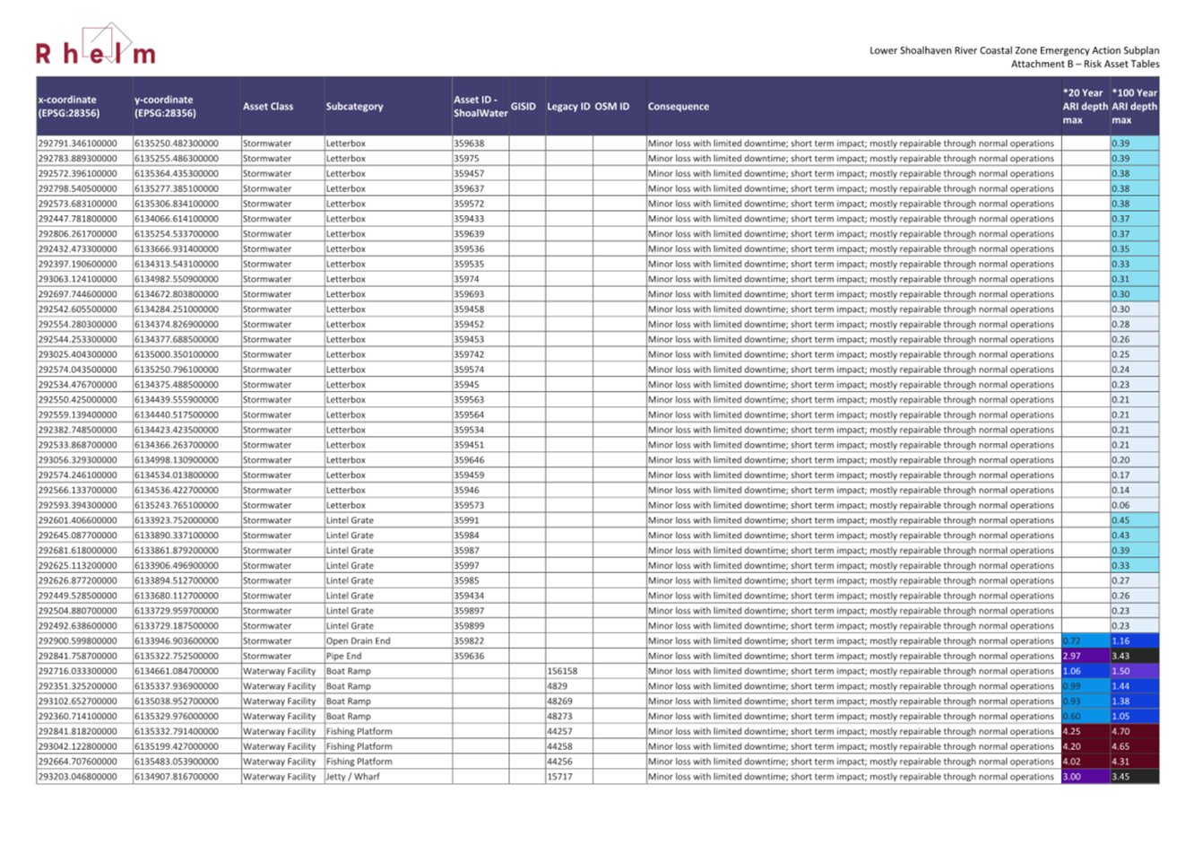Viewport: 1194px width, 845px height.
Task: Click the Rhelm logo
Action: pos(95,49)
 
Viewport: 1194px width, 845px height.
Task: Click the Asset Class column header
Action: pos(268,107)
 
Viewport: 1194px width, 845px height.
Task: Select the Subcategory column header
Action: pos(354,107)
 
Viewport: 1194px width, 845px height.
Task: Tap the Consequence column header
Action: pos(679,107)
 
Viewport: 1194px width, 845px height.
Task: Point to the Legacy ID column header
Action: pos(568,107)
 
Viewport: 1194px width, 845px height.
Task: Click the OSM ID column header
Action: pos(612,107)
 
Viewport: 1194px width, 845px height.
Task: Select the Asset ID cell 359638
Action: pos(469,144)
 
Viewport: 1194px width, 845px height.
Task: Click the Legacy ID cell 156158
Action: pos(562,671)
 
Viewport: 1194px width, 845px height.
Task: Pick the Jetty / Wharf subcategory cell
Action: pos(352,777)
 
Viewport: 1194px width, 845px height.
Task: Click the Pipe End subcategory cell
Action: pos(343,656)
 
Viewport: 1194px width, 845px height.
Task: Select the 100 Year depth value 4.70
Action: pos(1120,731)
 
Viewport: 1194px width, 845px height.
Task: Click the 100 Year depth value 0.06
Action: pos(1120,505)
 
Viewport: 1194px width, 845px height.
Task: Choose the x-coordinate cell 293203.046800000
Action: pos(77,777)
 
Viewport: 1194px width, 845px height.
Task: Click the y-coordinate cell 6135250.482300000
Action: pos(177,144)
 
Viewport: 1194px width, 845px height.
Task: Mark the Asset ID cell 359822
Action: pos(469,641)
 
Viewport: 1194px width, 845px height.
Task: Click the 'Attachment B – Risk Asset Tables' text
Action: pos(1085,64)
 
